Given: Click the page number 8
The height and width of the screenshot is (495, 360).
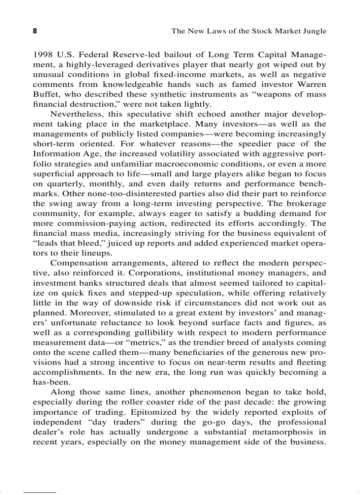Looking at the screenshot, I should [x=35, y=31].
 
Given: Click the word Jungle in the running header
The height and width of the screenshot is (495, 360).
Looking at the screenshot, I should [x=314, y=31].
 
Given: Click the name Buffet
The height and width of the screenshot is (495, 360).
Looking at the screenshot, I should [x=45, y=94].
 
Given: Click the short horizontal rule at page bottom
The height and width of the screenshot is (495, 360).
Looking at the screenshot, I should [x=40, y=491].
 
